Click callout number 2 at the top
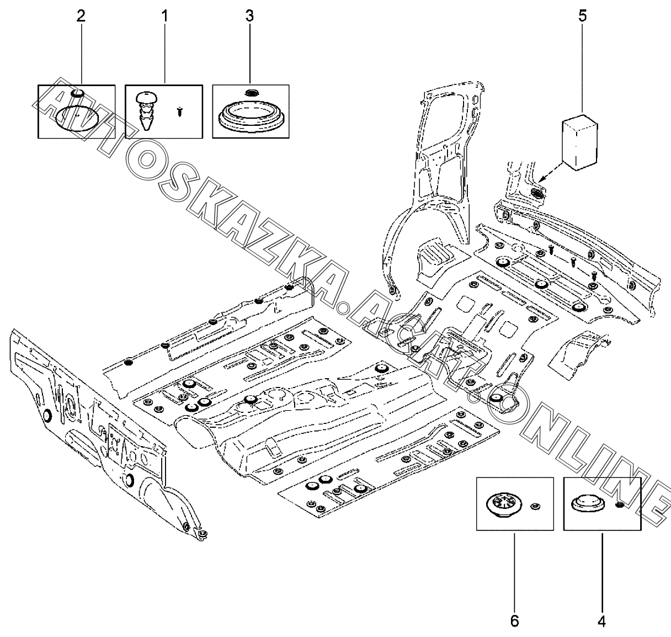(x=81, y=15)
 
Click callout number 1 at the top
(x=164, y=15)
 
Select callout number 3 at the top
(x=250, y=15)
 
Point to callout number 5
(x=582, y=15)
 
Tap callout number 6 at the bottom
(x=514, y=621)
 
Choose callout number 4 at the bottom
(x=601, y=621)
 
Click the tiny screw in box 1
(x=179, y=112)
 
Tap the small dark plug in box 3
(x=251, y=92)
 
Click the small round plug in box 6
(x=534, y=506)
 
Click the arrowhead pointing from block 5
(x=543, y=179)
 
